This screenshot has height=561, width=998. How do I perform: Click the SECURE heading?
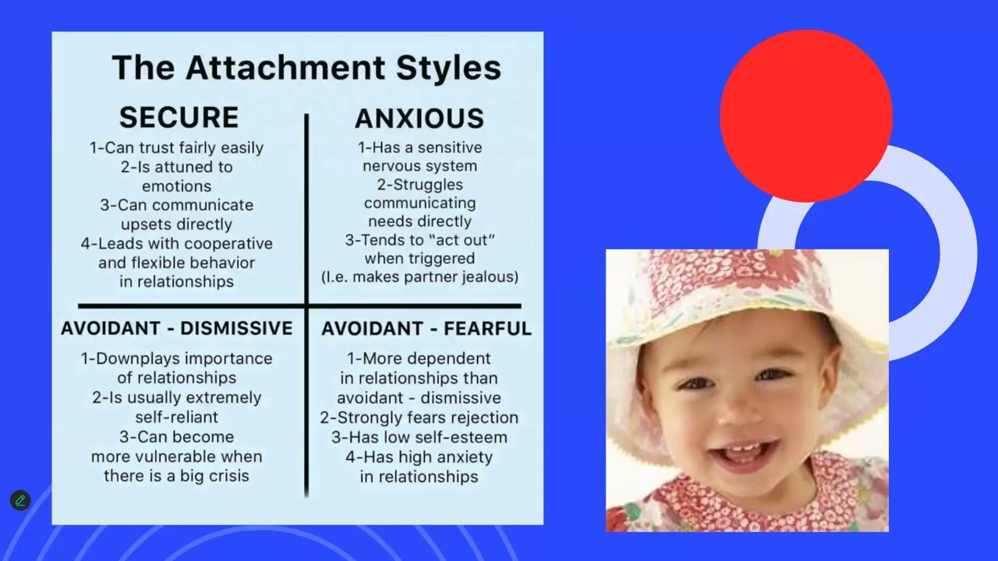179,118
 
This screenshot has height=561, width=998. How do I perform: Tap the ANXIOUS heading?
419,118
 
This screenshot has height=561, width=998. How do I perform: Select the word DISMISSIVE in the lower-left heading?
236,328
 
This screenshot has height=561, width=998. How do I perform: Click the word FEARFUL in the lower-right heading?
487,329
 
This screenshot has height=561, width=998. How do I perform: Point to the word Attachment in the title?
285,68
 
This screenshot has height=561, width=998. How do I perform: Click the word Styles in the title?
448,68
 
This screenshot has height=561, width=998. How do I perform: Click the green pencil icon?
20,500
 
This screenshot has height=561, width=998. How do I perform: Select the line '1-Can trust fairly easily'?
176,147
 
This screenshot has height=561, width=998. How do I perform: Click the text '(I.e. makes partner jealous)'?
419,277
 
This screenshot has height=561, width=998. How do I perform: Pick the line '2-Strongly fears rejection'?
419,418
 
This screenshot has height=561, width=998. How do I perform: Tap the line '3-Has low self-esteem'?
419,437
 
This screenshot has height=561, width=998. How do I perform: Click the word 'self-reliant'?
176,417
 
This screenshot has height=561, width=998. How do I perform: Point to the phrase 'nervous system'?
419,166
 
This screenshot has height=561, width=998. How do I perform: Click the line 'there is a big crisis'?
176,475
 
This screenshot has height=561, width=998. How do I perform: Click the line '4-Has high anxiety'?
419,457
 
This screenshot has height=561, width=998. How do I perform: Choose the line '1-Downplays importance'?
176,358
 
